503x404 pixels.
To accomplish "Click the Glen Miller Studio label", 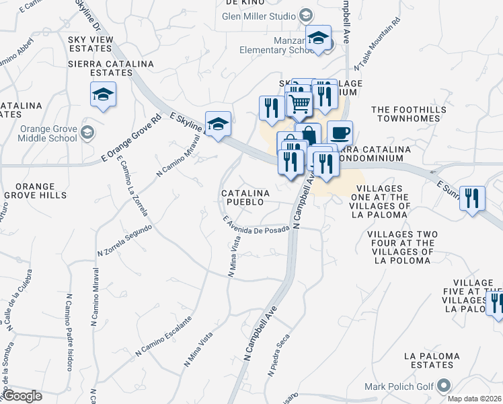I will [x=259, y=16].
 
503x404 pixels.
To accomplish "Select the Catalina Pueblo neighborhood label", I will [x=245, y=197].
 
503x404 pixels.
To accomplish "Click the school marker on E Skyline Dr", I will [x=218, y=124].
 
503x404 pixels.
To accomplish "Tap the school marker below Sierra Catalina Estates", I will [x=103, y=94].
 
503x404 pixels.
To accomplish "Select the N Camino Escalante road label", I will [x=163, y=336].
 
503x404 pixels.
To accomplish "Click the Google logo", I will [x=22, y=396].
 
